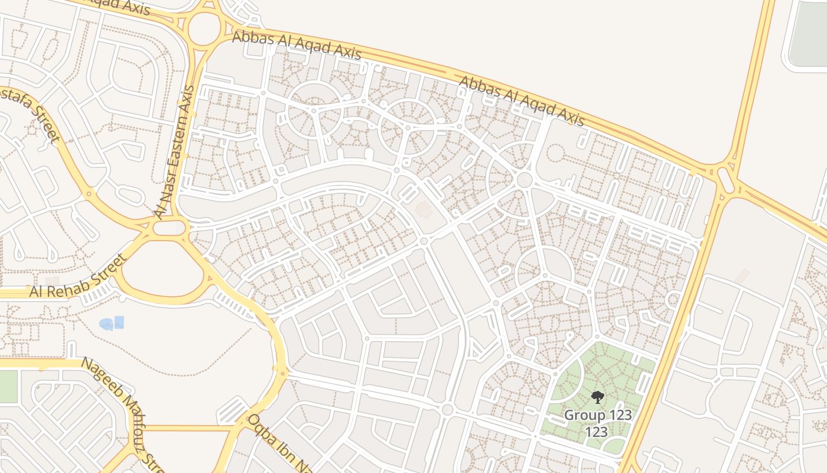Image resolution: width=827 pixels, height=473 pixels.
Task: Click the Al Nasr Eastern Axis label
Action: click(x=174, y=152)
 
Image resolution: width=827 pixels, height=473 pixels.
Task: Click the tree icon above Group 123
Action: click(x=598, y=397)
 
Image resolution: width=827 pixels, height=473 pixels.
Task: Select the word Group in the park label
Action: click(x=584, y=414)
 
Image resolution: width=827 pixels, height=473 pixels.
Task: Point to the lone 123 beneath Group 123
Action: click(x=597, y=432)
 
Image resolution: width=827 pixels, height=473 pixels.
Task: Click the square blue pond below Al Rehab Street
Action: click(x=119, y=322)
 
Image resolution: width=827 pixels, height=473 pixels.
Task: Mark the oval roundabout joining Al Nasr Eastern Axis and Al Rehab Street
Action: click(x=170, y=228)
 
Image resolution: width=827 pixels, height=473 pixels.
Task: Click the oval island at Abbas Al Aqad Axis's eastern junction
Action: click(x=727, y=179)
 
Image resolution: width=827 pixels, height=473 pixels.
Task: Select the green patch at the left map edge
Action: click(x=8, y=386)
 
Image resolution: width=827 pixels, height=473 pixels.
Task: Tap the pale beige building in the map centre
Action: click(x=424, y=209)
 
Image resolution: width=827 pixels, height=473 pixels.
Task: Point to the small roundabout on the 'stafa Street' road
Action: click(x=89, y=193)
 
